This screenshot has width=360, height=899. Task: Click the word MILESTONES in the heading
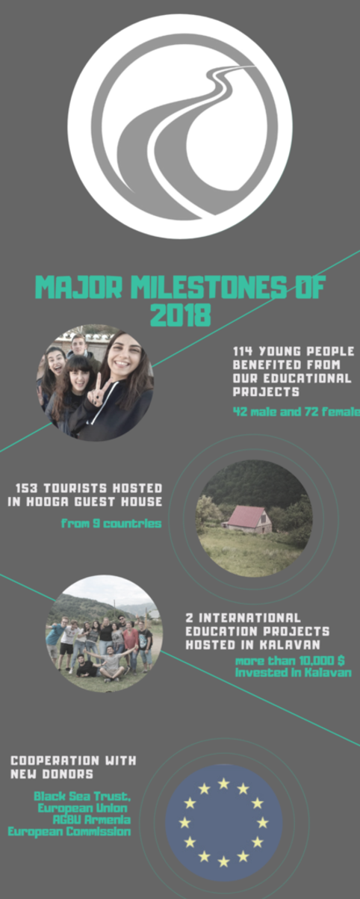(x=208, y=287)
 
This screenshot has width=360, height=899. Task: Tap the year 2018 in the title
(x=180, y=315)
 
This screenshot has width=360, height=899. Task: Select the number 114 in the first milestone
(x=243, y=351)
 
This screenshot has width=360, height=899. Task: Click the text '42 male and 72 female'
(x=297, y=412)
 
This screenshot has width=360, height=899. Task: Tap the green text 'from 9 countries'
(x=111, y=523)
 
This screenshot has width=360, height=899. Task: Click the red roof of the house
(x=246, y=516)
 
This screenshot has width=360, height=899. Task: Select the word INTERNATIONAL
(x=249, y=618)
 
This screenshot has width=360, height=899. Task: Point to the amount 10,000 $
(x=316, y=661)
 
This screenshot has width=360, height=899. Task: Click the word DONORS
(x=67, y=774)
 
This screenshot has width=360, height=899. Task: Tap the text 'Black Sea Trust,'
(x=82, y=796)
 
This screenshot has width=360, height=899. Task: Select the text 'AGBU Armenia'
(x=92, y=819)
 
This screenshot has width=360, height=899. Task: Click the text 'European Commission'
(x=69, y=831)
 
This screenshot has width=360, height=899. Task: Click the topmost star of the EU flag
(x=223, y=783)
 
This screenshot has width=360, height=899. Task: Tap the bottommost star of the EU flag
(x=223, y=861)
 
